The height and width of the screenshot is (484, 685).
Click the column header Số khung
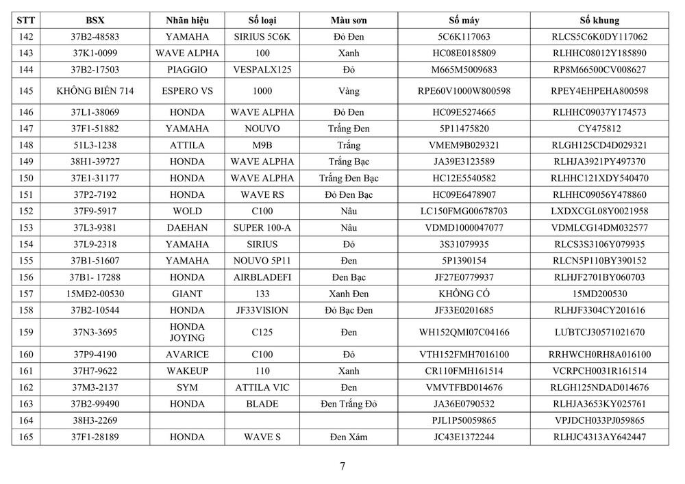pos(599,21)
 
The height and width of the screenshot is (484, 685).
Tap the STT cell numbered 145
pos(25,91)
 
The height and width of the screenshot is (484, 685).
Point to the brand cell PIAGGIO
pos(187,69)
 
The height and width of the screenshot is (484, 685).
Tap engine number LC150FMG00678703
pos(464,211)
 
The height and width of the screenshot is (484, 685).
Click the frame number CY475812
pos(599,128)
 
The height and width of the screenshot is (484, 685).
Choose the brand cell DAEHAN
pos(187,227)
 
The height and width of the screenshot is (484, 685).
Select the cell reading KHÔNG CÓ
pos(464,294)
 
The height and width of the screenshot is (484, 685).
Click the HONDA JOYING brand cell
pos(187,332)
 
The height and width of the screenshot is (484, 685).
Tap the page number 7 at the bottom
pos(342,466)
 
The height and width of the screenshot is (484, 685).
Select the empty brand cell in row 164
pos(187,420)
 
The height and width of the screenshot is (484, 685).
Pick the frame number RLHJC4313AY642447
pos(599,437)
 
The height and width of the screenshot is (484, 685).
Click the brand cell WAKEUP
pos(187,371)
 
